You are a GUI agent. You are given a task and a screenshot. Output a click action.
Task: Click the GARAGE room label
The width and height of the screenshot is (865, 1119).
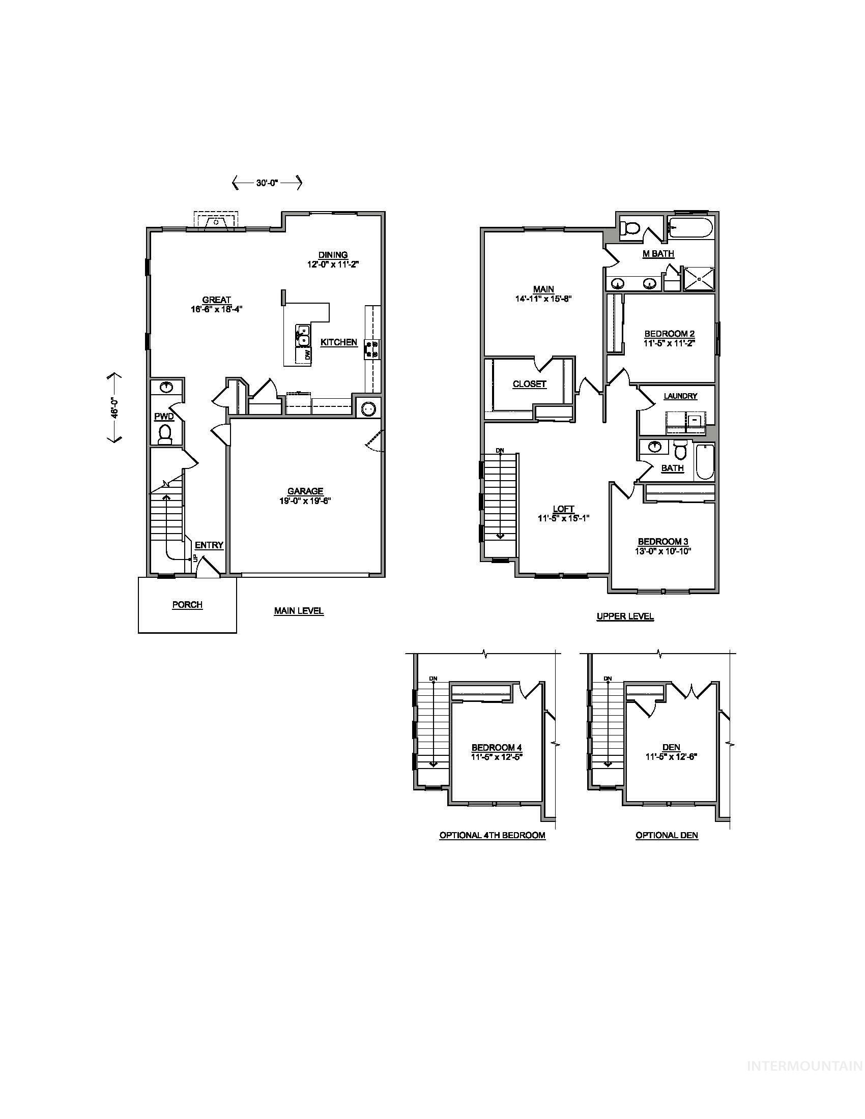point(305,491)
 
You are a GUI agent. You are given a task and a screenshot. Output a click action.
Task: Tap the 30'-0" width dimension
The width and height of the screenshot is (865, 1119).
point(267,183)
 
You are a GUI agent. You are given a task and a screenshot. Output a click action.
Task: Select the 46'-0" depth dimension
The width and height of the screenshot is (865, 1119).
point(115,407)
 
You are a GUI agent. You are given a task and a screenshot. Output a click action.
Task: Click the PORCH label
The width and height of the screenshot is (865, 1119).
point(187,605)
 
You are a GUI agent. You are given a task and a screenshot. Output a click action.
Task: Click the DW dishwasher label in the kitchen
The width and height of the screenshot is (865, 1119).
point(307,355)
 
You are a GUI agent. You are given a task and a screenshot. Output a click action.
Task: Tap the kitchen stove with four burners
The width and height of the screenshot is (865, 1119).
point(371,348)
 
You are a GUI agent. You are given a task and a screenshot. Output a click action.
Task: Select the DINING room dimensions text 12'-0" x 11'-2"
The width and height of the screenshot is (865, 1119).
point(333,264)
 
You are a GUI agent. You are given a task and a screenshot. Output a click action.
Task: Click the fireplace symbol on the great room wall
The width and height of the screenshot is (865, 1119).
point(216,222)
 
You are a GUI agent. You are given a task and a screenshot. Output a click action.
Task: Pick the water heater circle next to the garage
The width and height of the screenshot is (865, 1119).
point(368,408)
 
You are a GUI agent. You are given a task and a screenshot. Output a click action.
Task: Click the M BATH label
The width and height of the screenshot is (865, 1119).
point(658,254)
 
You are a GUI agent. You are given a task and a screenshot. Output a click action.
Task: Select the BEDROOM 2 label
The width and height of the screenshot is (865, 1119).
point(669,334)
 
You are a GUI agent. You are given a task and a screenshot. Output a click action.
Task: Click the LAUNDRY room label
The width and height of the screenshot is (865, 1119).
point(680,396)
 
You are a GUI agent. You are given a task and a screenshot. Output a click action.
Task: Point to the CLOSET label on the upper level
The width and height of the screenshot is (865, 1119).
point(529,384)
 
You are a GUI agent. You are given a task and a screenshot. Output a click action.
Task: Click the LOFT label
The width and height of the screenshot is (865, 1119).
point(563,509)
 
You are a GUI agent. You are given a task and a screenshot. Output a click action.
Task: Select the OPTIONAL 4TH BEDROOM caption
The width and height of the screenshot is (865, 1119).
point(492,835)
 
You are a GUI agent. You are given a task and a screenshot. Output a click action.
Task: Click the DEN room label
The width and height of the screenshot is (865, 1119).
point(671,748)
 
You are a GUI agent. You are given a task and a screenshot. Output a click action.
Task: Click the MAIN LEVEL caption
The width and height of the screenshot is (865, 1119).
point(299,611)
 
